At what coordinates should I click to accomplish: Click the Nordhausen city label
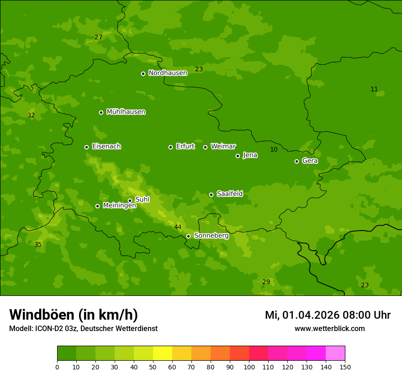point(168,73)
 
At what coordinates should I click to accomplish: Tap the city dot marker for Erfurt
point(171,147)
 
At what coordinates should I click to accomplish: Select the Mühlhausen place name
point(126,112)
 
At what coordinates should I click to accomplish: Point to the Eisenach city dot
point(86,147)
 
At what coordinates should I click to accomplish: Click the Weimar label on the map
point(223,147)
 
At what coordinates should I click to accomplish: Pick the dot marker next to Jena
point(238,156)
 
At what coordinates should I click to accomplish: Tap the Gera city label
point(310,161)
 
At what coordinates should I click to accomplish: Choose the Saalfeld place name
point(229,194)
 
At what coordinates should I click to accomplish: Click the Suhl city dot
point(130,200)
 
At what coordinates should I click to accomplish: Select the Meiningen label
point(119,205)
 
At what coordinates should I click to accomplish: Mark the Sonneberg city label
point(211,236)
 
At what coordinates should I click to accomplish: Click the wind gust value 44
point(178,227)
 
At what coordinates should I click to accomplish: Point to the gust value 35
point(38,244)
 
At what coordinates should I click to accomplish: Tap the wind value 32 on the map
point(31,115)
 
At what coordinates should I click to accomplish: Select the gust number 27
point(98,37)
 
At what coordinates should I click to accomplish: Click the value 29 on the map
point(266,282)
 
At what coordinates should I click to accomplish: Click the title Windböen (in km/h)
point(74,315)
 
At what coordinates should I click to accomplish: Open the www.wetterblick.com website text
point(329,328)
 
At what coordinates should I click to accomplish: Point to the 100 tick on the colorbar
point(249,367)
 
